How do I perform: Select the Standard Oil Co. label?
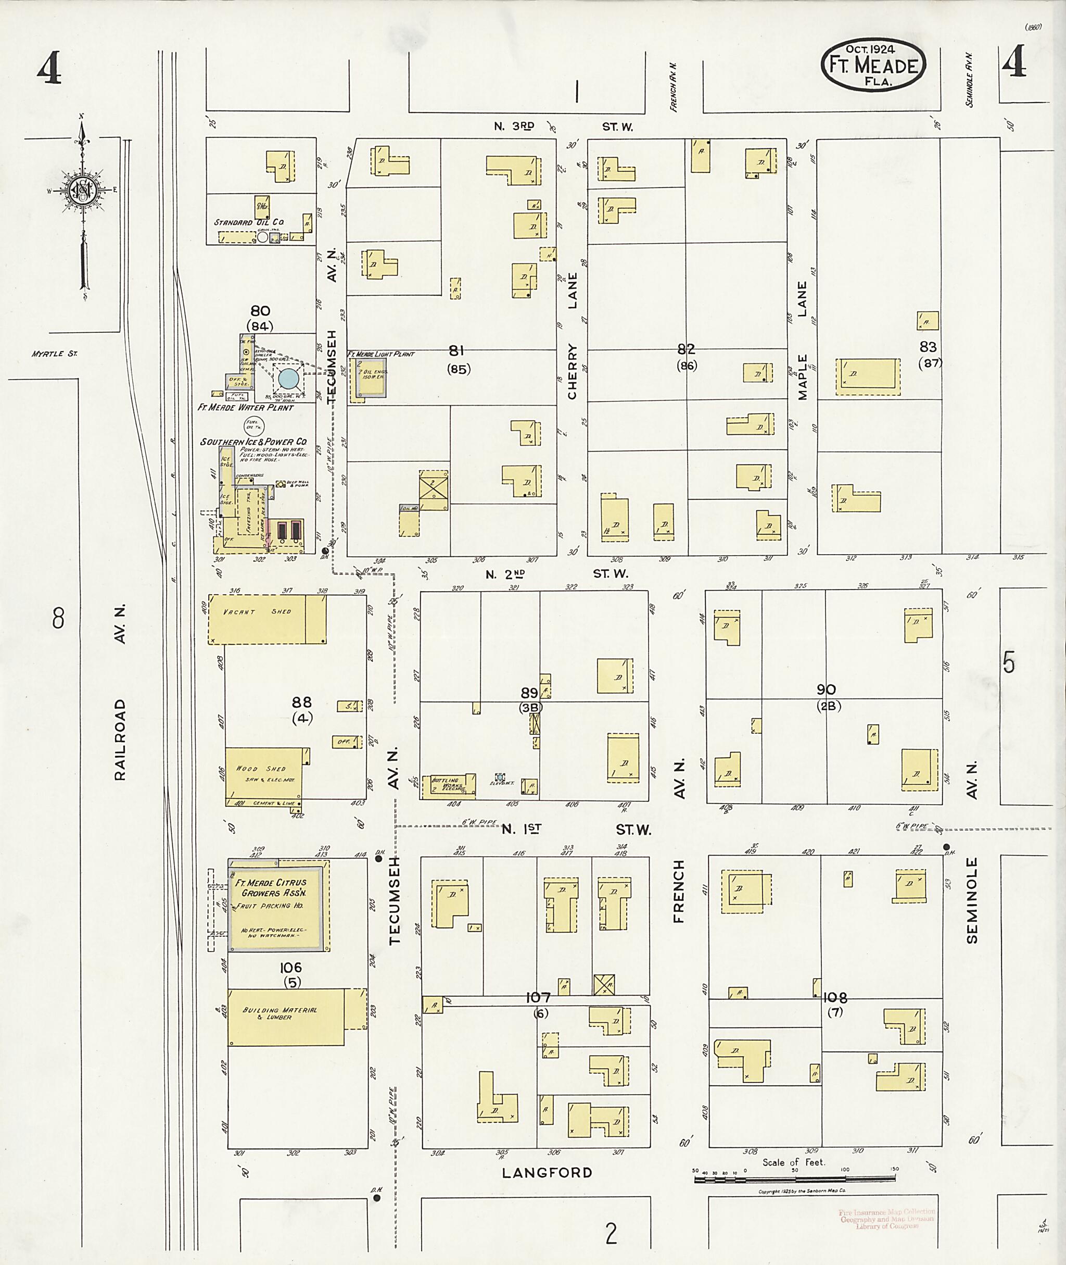248,222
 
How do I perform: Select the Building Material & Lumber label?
279,1014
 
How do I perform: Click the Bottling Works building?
447,786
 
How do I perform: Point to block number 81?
456,350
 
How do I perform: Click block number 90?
826,690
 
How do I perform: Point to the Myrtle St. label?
47,354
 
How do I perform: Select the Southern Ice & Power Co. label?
254,442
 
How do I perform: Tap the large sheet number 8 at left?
58,619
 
